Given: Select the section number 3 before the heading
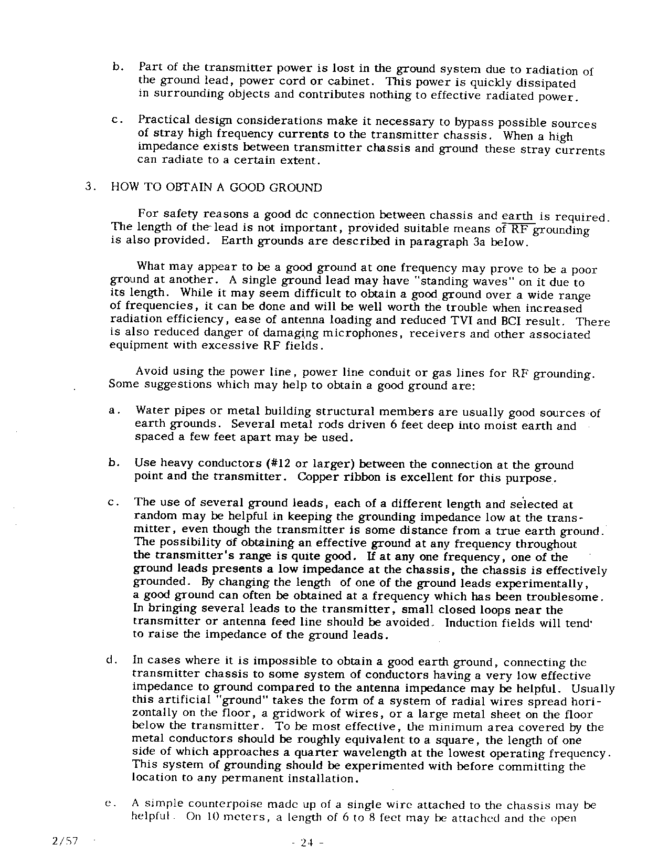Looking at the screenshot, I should click(89, 187).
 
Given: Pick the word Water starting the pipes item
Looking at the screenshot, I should click(150, 411).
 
